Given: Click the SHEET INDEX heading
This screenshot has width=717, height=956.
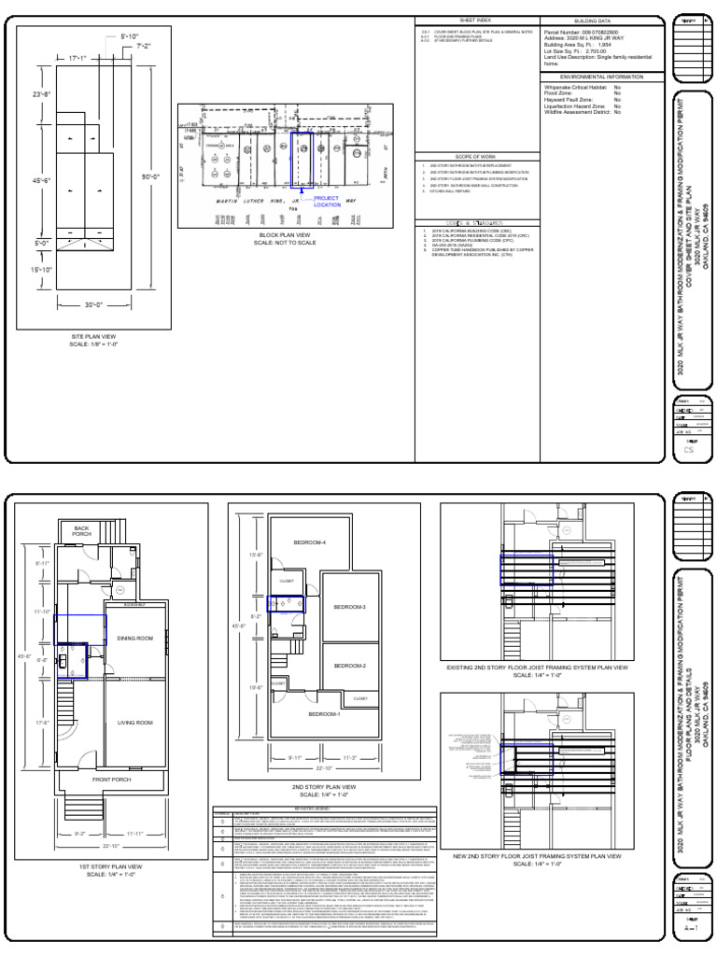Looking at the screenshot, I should coord(476,19).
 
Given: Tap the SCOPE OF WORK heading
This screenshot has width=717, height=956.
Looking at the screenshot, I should coord(476,156).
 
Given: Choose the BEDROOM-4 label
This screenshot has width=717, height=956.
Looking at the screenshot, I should coord(309,542).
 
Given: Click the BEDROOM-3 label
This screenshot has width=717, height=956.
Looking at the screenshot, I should coord(350,608).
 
